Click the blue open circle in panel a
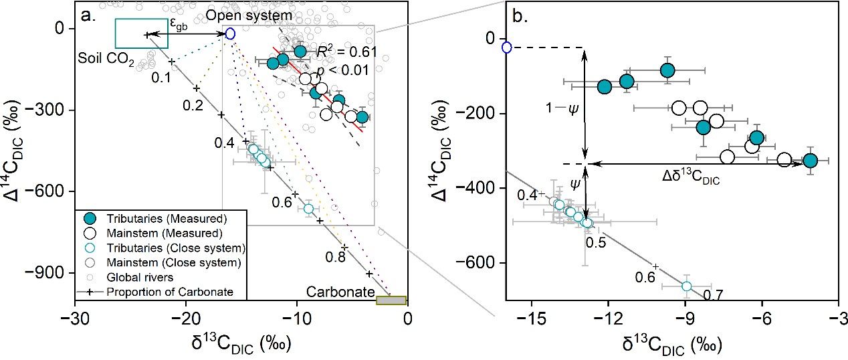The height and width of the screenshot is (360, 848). [x=230, y=33]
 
